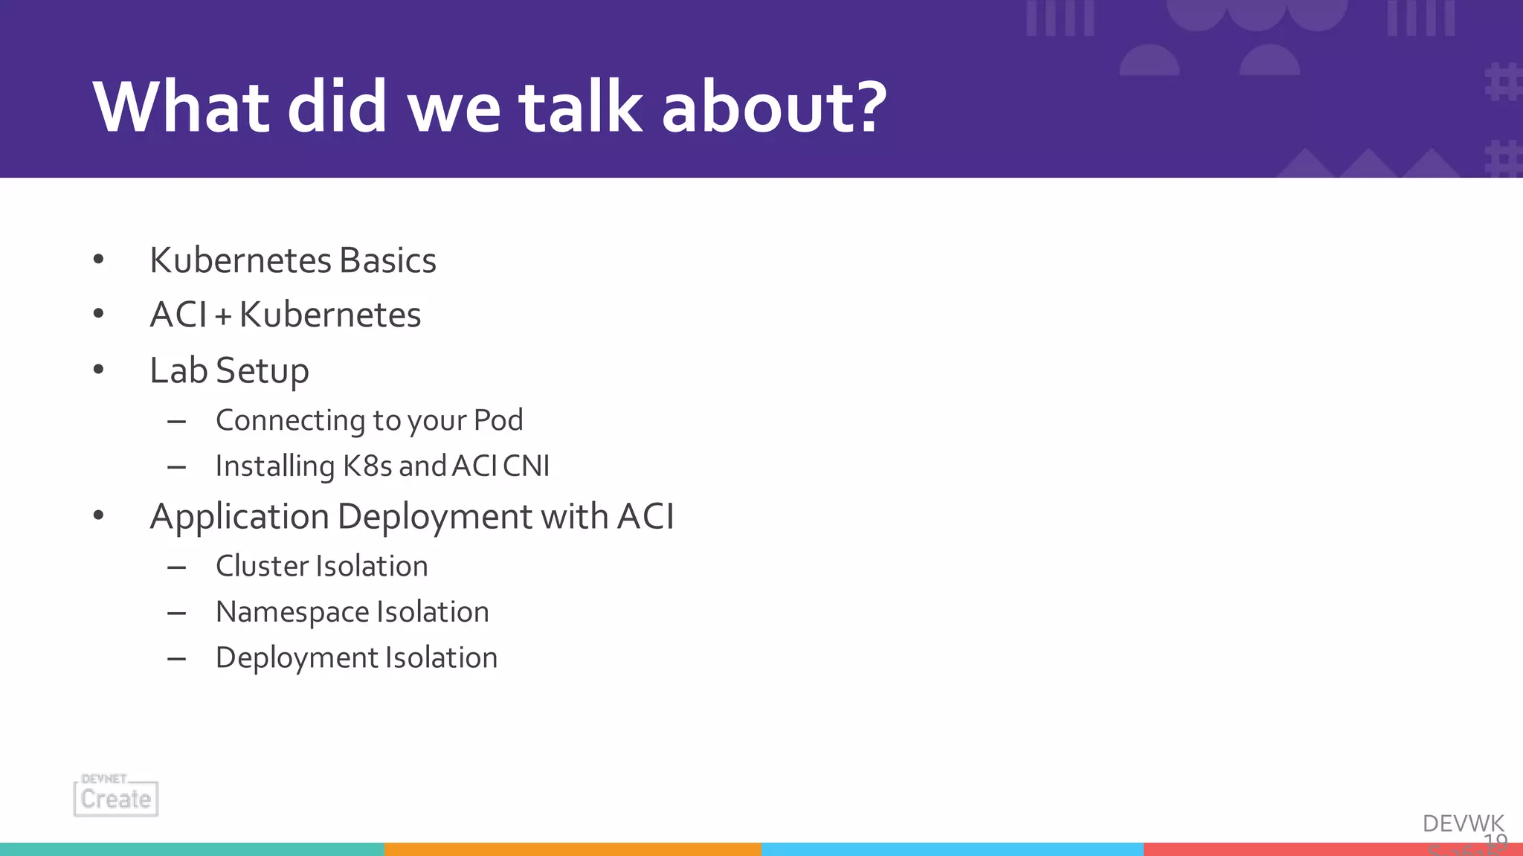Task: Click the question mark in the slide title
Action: (x=866, y=108)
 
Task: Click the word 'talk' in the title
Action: (x=581, y=108)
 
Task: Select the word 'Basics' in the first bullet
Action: (x=387, y=260)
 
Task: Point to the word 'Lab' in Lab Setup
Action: (x=178, y=370)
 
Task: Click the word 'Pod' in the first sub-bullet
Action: (x=498, y=420)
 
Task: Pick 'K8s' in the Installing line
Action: (x=367, y=466)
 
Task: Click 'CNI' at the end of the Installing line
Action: (x=526, y=466)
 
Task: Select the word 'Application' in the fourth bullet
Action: (x=239, y=517)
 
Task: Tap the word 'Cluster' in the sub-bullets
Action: (x=257, y=566)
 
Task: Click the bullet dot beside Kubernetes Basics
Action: (x=98, y=260)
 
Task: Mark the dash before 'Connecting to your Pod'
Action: (x=176, y=422)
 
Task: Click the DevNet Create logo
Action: (x=116, y=796)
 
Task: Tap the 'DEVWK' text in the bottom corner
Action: (x=1463, y=823)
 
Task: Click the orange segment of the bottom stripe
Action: (x=573, y=849)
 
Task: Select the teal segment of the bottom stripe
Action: (x=192, y=849)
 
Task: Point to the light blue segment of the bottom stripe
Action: (x=952, y=849)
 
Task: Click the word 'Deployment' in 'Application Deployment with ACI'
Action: (x=434, y=517)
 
